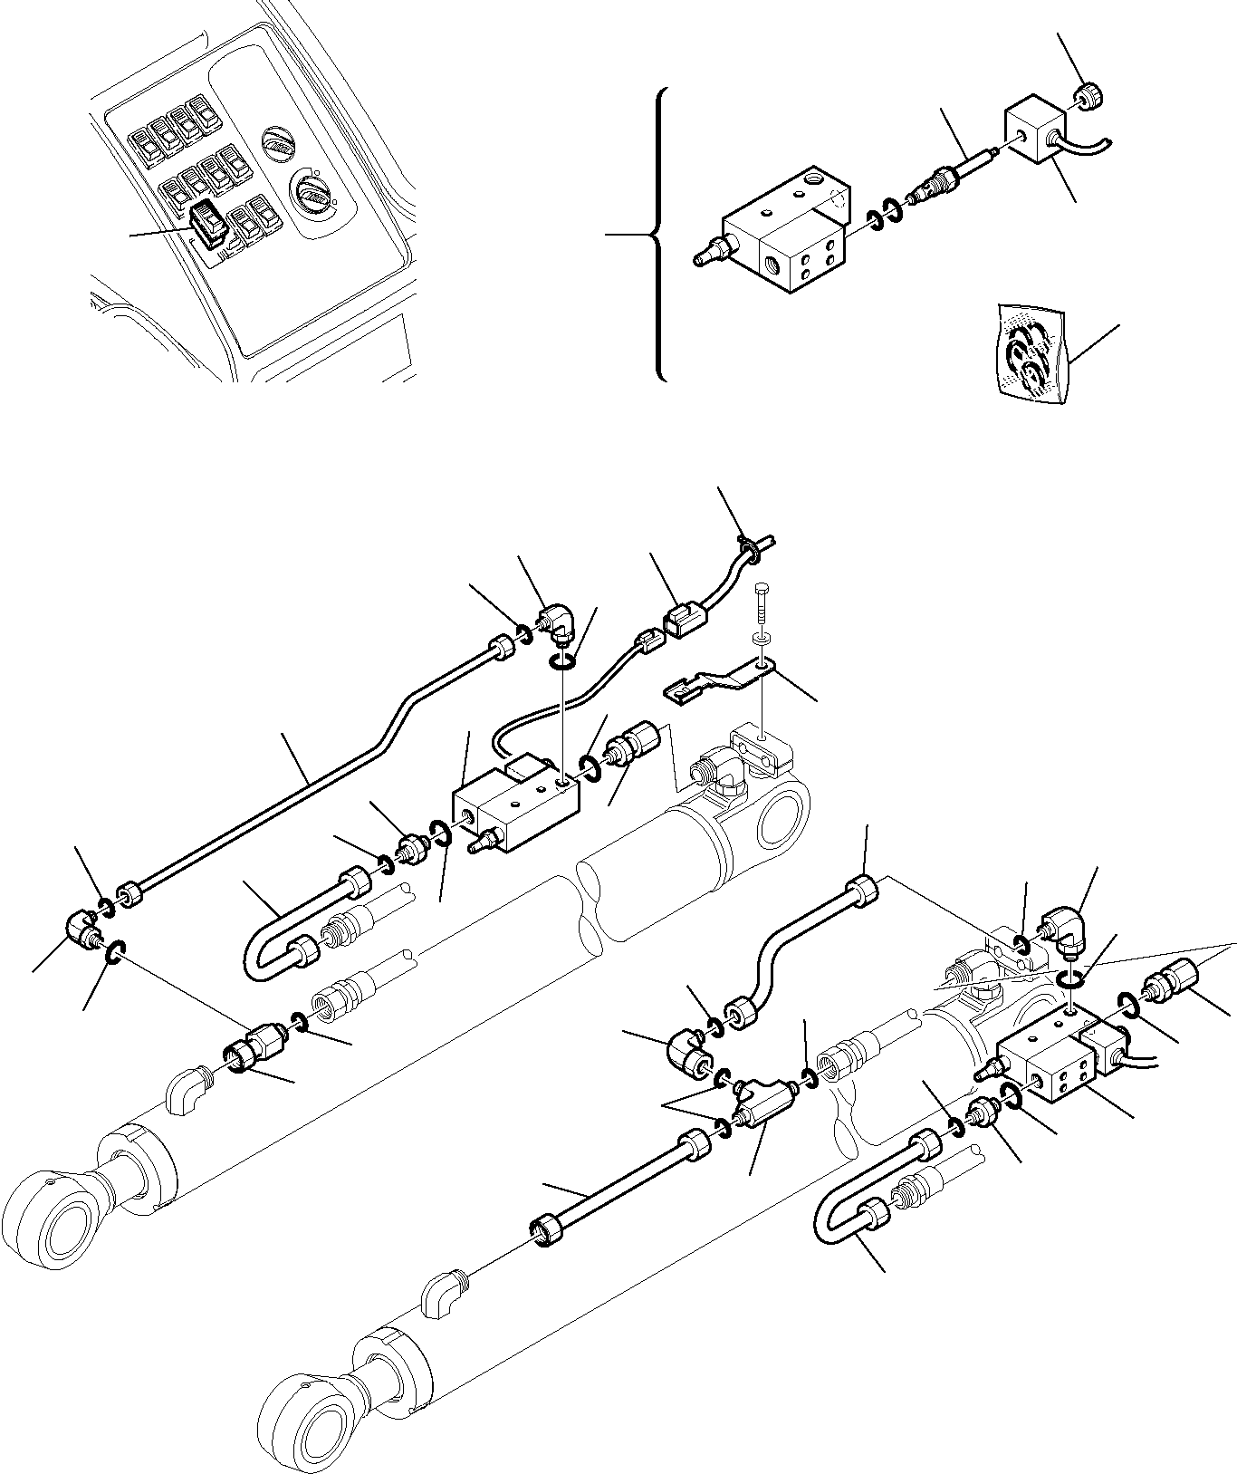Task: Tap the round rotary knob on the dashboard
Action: click(x=311, y=192)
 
